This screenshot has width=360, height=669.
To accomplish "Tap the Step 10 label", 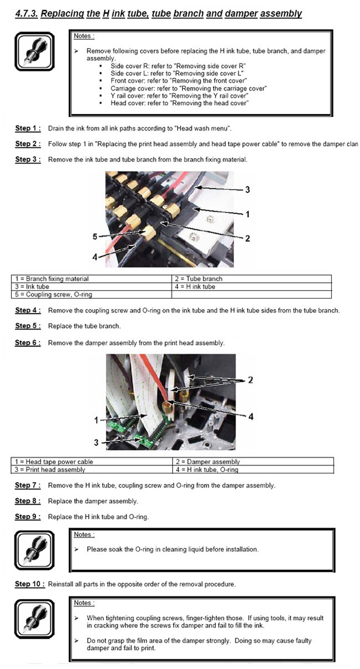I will pyautogui.click(x=28, y=584).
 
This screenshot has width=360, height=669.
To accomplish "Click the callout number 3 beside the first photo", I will pyautogui.click(x=247, y=189).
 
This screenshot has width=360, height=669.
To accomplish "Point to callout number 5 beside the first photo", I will pyautogui.click(x=95, y=237).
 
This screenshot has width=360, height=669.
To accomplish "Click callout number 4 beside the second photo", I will pyautogui.click(x=251, y=416).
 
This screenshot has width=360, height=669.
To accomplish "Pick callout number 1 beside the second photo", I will pyautogui.click(x=96, y=419).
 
